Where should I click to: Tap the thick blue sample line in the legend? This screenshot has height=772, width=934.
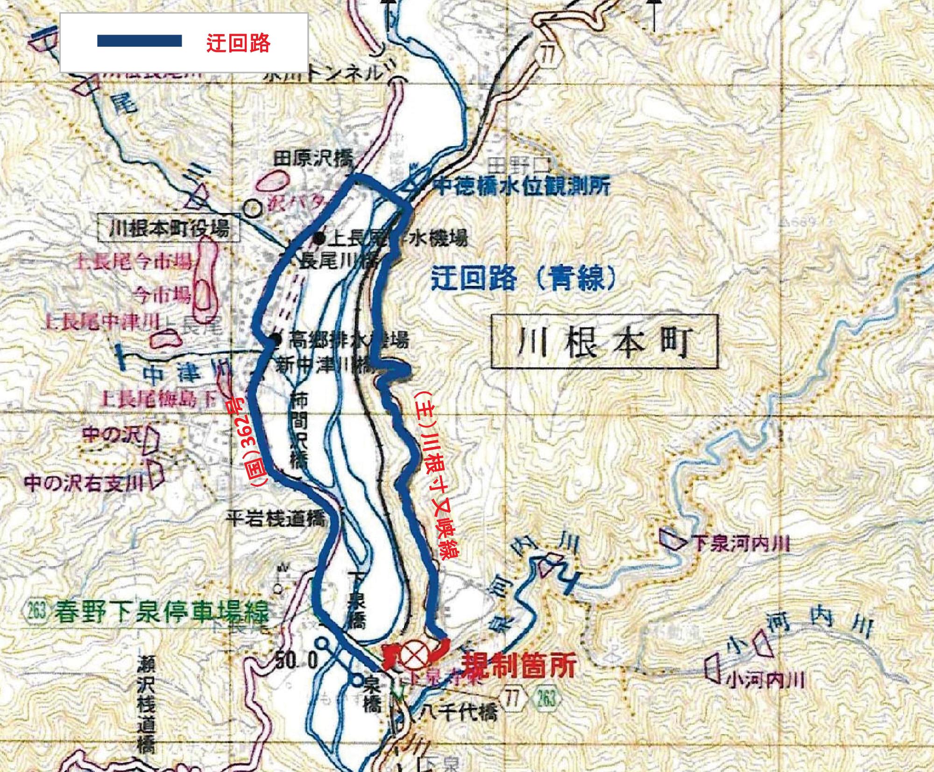pos(139,41)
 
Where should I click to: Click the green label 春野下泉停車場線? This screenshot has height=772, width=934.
pos(161,611)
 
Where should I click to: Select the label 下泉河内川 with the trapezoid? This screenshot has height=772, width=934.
pos(740,544)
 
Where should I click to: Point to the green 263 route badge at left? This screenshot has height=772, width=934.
pos(36,611)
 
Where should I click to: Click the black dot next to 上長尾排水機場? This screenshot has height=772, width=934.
pos(319,239)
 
